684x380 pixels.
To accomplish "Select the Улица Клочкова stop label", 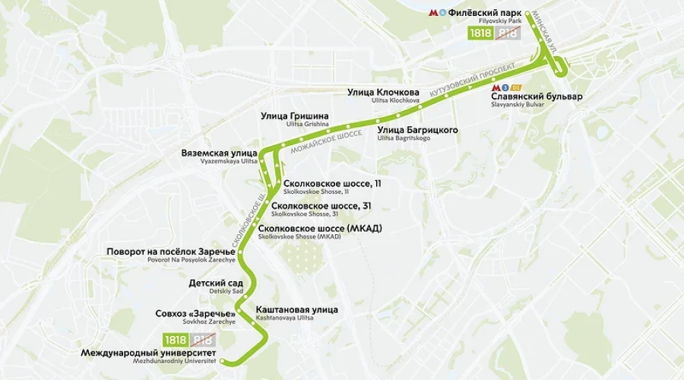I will (383, 93).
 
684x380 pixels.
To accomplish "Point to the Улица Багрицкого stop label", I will (417, 131).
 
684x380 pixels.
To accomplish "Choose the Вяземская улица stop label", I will (219, 154).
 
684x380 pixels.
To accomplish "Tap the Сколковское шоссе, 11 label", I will (331, 184).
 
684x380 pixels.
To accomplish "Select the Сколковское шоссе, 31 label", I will (321, 206).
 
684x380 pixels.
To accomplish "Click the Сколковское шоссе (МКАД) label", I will (319, 229).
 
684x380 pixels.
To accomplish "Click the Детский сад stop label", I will (216, 283).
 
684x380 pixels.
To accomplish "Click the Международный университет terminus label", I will (148, 353).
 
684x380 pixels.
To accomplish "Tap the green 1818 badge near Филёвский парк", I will (480, 33).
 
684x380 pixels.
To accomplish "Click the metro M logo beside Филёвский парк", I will (434, 12).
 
